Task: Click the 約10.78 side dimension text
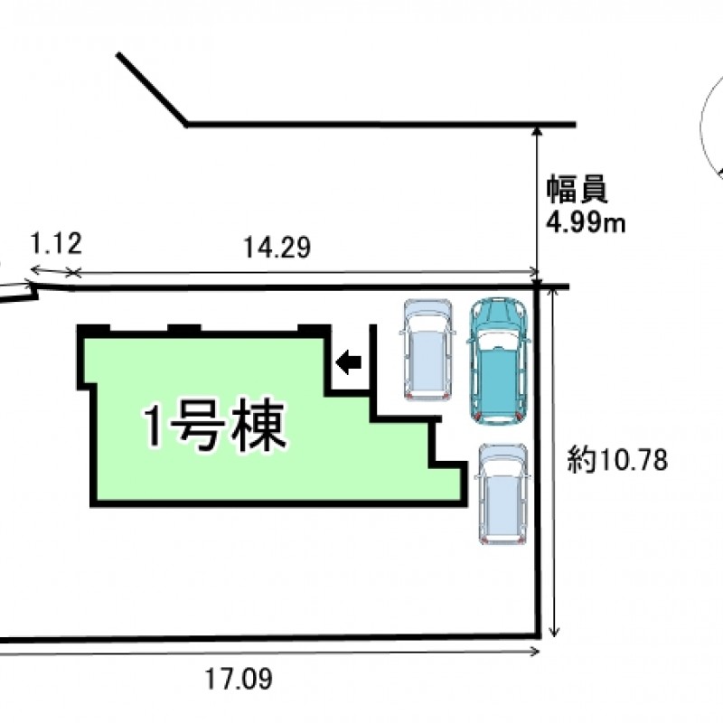tap(617, 461)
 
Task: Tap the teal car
tap(498, 359)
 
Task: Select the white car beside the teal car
tap(427, 350)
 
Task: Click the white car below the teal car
tap(502, 494)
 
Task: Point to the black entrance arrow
tap(348, 362)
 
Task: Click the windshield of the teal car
tap(498, 337)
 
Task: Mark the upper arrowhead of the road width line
tap(539, 133)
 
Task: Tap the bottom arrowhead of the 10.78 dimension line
tap(554, 632)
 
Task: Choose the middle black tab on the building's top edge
tap(184, 328)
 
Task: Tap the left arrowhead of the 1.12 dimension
tap(33, 269)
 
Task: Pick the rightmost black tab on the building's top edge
tap(313, 328)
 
